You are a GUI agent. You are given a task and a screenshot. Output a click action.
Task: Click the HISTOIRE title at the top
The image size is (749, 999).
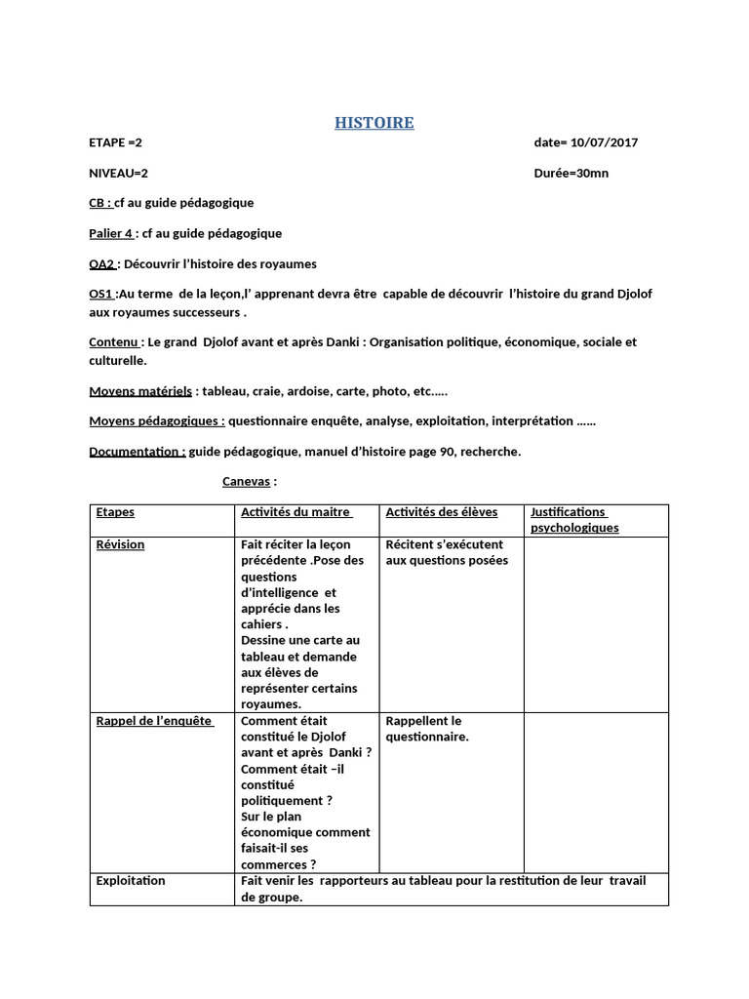coord(374,123)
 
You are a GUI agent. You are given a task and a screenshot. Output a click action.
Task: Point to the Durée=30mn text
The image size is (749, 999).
coord(572,173)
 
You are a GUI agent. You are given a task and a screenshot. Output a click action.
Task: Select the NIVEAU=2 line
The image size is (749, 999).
coord(118,173)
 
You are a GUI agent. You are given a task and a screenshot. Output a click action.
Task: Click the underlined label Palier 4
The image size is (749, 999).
coord(110,233)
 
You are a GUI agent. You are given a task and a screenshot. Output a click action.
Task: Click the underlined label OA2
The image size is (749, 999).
coord(102,263)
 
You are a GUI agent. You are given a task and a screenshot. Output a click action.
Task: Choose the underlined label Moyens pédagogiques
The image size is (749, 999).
coord(156,420)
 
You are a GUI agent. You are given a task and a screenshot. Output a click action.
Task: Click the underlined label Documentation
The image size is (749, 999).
coord(137,452)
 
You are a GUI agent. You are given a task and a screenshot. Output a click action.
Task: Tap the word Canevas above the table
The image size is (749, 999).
coord(247,481)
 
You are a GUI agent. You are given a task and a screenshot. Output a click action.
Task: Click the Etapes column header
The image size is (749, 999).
coord(115,512)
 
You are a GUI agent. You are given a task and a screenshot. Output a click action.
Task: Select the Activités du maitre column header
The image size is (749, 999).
coord(296,512)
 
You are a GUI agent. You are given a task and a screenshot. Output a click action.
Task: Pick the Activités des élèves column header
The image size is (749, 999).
coord(441,512)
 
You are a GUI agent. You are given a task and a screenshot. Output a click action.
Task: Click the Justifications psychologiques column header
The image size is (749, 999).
coord(573,520)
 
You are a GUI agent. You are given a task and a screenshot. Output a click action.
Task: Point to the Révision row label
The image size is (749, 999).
coord(120,544)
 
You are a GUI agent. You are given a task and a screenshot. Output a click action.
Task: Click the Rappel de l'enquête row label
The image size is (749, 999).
coord(154,721)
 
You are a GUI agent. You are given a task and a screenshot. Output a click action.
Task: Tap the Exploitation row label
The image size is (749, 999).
coord(131,881)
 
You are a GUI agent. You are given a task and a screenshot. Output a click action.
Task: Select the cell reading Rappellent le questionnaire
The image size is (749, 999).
coord(427,729)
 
